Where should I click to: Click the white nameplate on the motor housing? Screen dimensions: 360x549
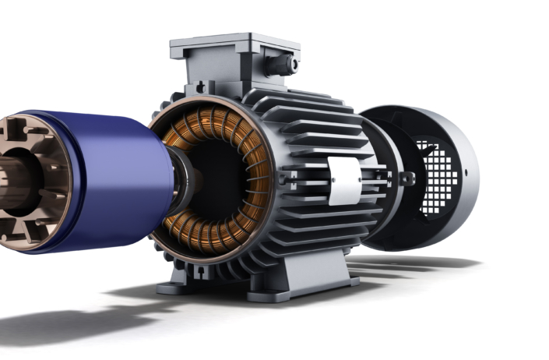345,181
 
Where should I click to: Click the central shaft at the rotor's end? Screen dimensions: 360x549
12,183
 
